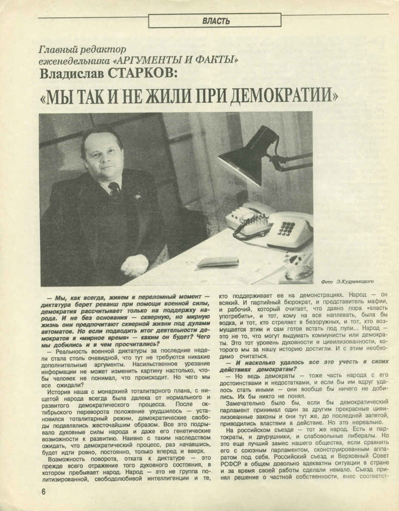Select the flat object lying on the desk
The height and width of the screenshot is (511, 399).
218,261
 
